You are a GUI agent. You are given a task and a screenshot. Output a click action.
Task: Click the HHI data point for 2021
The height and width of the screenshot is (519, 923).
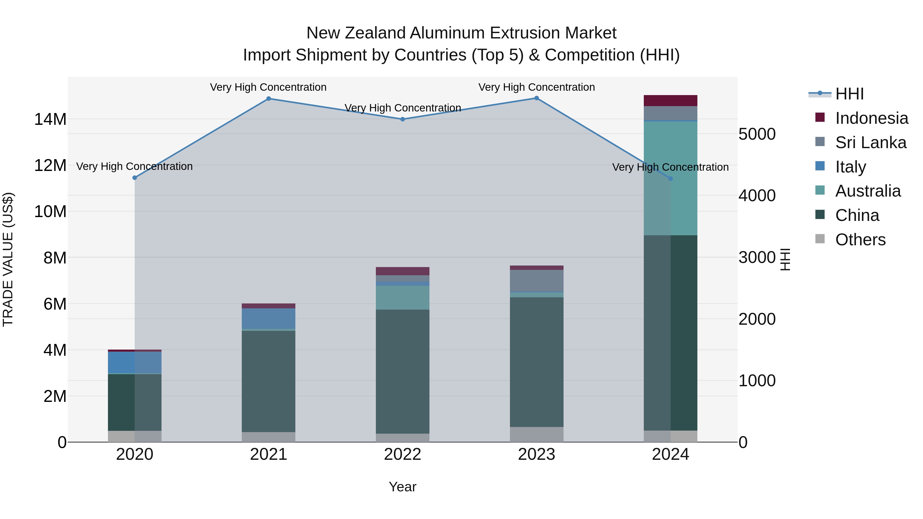pyautogui.click(x=268, y=98)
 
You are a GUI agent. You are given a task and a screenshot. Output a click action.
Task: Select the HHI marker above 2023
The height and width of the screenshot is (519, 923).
pyautogui.click(x=536, y=98)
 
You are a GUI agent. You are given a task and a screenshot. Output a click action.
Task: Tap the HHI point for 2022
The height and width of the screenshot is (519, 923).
pyautogui.click(x=402, y=119)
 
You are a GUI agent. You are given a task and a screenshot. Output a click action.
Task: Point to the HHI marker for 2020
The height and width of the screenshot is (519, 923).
pyautogui.click(x=135, y=178)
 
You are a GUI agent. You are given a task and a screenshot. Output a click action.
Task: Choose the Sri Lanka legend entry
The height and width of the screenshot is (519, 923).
pyautogui.click(x=870, y=143)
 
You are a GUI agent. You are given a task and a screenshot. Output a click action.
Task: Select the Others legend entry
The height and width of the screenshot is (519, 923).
pyautogui.click(x=860, y=240)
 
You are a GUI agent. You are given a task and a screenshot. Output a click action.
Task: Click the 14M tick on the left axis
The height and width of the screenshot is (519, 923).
pyautogui.click(x=50, y=119)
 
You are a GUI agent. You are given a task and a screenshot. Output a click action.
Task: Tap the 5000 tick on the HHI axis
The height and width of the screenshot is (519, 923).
pyautogui.click(x=757, y=134)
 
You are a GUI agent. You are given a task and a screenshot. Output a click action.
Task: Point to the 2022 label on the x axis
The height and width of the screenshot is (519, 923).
pyautogui.click(x=402, y=454)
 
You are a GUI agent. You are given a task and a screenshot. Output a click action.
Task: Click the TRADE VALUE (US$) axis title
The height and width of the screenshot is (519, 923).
pyautogui.click(x=8, y=260)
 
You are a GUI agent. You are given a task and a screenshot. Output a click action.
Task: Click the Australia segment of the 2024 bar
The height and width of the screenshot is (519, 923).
pyautogui.click(x=670, y=179)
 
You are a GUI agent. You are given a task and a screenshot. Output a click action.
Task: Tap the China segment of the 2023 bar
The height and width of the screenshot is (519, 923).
pyautogui.click(x=536, y=362)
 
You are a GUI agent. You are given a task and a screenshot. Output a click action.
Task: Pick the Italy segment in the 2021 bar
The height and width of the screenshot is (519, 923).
pyautogui.click(x=268, y=318)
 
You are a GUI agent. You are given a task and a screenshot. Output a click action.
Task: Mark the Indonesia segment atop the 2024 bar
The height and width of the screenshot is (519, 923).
pyautogui.click(x=670, y=101)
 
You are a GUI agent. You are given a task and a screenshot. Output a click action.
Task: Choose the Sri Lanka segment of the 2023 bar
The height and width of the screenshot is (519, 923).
pyautogui.click(x=536, y=281)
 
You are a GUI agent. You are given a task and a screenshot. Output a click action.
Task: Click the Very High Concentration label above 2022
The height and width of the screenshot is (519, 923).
pyautogui.click(x=402, y=108)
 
